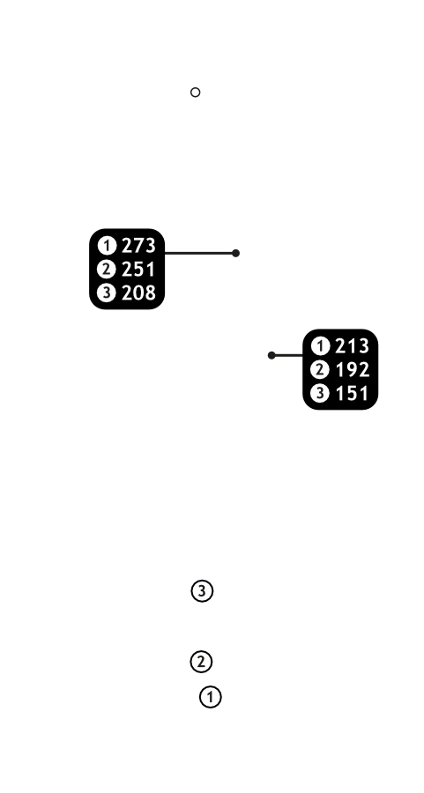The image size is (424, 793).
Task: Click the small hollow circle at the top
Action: tap(196, 92)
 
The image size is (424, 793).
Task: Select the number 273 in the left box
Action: tap(138, 246)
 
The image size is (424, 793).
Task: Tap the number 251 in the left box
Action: tap(138, 269)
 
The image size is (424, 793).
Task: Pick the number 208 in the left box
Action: tap(138, 293)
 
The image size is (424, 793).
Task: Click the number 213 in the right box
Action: tap(352, 346)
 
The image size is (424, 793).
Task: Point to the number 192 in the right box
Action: tap(352, 370)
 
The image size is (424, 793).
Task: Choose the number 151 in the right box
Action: tap(352, 394)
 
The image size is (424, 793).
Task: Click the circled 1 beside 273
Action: tap(107, 246)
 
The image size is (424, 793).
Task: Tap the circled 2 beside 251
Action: tap(107, 269)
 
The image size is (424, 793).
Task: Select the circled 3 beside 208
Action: tap(107, 293)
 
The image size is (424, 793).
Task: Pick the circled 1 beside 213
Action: tap(320, 346)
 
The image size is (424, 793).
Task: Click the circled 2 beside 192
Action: tap(320, 370)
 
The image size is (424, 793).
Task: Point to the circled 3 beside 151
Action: tap(320, 394)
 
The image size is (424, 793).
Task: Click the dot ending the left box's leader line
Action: tap(235, 253)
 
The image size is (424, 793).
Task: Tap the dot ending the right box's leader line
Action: tap(272, 356)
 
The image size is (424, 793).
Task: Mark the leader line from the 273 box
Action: tap(200, 253)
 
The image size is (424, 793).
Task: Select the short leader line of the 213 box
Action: tap(287, 356)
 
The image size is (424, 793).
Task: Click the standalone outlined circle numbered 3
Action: tap(203, 590)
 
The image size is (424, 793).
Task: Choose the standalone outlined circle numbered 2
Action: tap(201, 662)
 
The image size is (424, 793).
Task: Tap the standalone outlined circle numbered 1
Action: tap(211, 697)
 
